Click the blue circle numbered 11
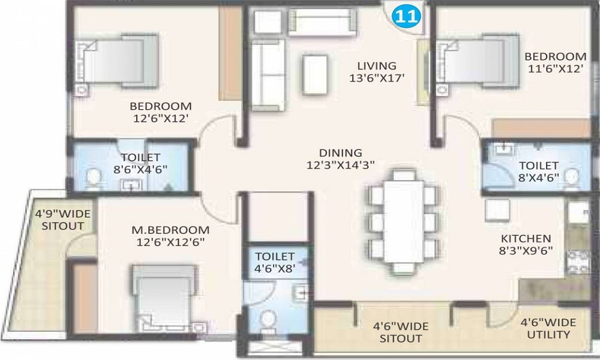click(x=406, y=17)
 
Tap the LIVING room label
click(x=377, y=66)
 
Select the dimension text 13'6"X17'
click(x=377, y=78)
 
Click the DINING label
click(x=341, y=152)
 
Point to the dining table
click(x=404, y=221)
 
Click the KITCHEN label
click(x=526, y=238)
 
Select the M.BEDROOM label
click(x=170, y=230)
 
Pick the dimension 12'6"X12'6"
click(x=170, y=242)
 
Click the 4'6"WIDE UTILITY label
click(x=548, y=329)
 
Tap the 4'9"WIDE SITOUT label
click(x=63, y=220)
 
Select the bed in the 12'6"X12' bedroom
click(x=117, y=61)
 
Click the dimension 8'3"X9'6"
click(x=526, y=251)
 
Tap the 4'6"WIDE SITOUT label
click(x=401, y=332)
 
